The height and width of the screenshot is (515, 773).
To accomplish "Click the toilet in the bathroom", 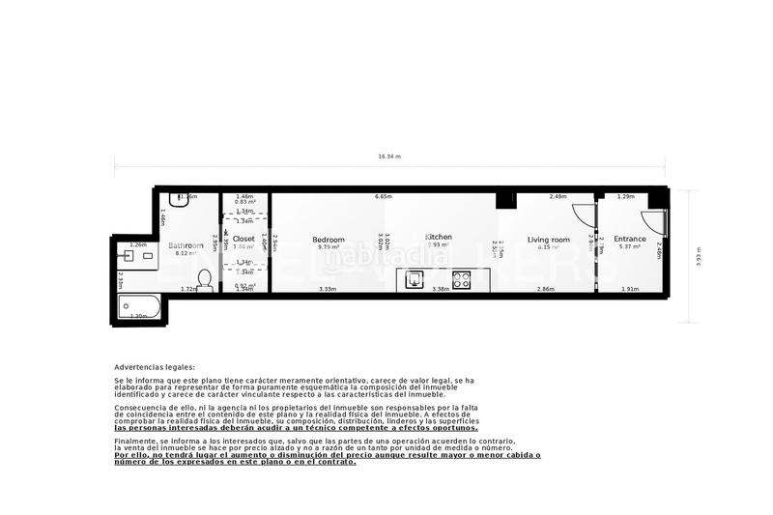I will point(204,279).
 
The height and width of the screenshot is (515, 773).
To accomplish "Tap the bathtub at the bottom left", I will point(139,309).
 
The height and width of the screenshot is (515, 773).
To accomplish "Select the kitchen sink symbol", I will point(415,281).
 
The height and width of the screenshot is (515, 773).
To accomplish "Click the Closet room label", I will point(243,239).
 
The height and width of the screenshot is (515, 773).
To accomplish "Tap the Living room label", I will point(548,240).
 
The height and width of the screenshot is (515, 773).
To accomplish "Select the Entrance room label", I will point(630,240).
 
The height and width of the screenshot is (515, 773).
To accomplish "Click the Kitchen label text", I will point(439,237).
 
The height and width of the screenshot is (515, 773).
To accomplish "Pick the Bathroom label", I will point(186,245).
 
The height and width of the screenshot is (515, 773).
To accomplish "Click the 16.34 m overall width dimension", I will point(389,156).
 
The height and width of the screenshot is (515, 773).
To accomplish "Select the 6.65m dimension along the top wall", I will point(384,196).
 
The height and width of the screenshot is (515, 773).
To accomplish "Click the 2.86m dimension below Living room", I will point(546,289).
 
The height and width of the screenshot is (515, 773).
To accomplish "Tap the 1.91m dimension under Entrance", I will point(630,289).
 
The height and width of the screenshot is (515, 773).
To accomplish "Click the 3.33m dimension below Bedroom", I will point(328,289).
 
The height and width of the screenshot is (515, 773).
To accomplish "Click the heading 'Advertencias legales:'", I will point(155,367).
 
